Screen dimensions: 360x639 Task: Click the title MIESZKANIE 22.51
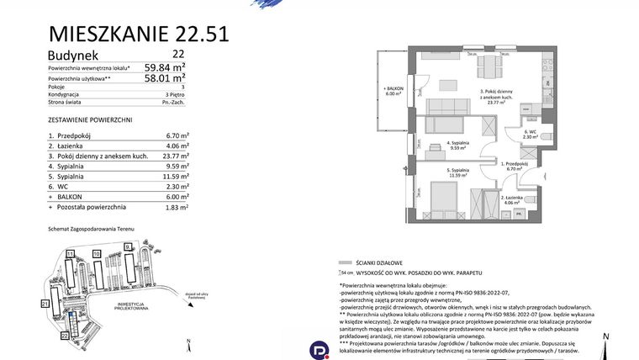tap(139, 34)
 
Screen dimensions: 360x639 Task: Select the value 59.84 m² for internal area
tap(165, 67)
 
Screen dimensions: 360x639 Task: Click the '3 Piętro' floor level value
tap(177, 94)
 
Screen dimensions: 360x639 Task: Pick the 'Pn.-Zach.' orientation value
tap(174, 102)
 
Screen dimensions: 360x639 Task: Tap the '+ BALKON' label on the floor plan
tap(394, 91)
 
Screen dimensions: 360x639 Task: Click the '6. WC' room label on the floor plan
tap(531, 134)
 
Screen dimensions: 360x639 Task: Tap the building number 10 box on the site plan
tap(97, 253)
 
